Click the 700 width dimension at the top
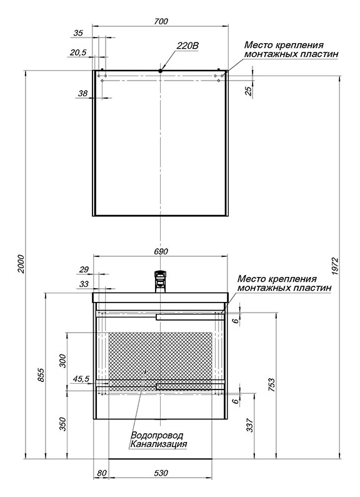click(x=161, y=21)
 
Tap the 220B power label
click(x=187, y=46)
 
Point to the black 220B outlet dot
click(x=161, y=71)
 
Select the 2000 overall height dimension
click(x=21, y=264)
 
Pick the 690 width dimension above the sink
click(x=161, y=251)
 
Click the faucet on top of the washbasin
click(x=161, y=281)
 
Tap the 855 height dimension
click(x=41, y=375)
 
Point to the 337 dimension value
click(x=250, y=425)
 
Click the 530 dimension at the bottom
click(x=161, y=473)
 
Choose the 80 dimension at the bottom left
click(x=102, y=473)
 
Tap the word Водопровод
click(x=157, y=435)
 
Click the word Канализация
click(x=159, y=444)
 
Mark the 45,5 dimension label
click(x=81, y=379)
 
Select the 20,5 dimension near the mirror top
click(x=78, y=53)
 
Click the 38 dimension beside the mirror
click(x=82, y=93)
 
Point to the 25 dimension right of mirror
click(x=249, y=91)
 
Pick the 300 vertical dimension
click(x=62, y=361)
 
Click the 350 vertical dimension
click(x=62, y=424)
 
